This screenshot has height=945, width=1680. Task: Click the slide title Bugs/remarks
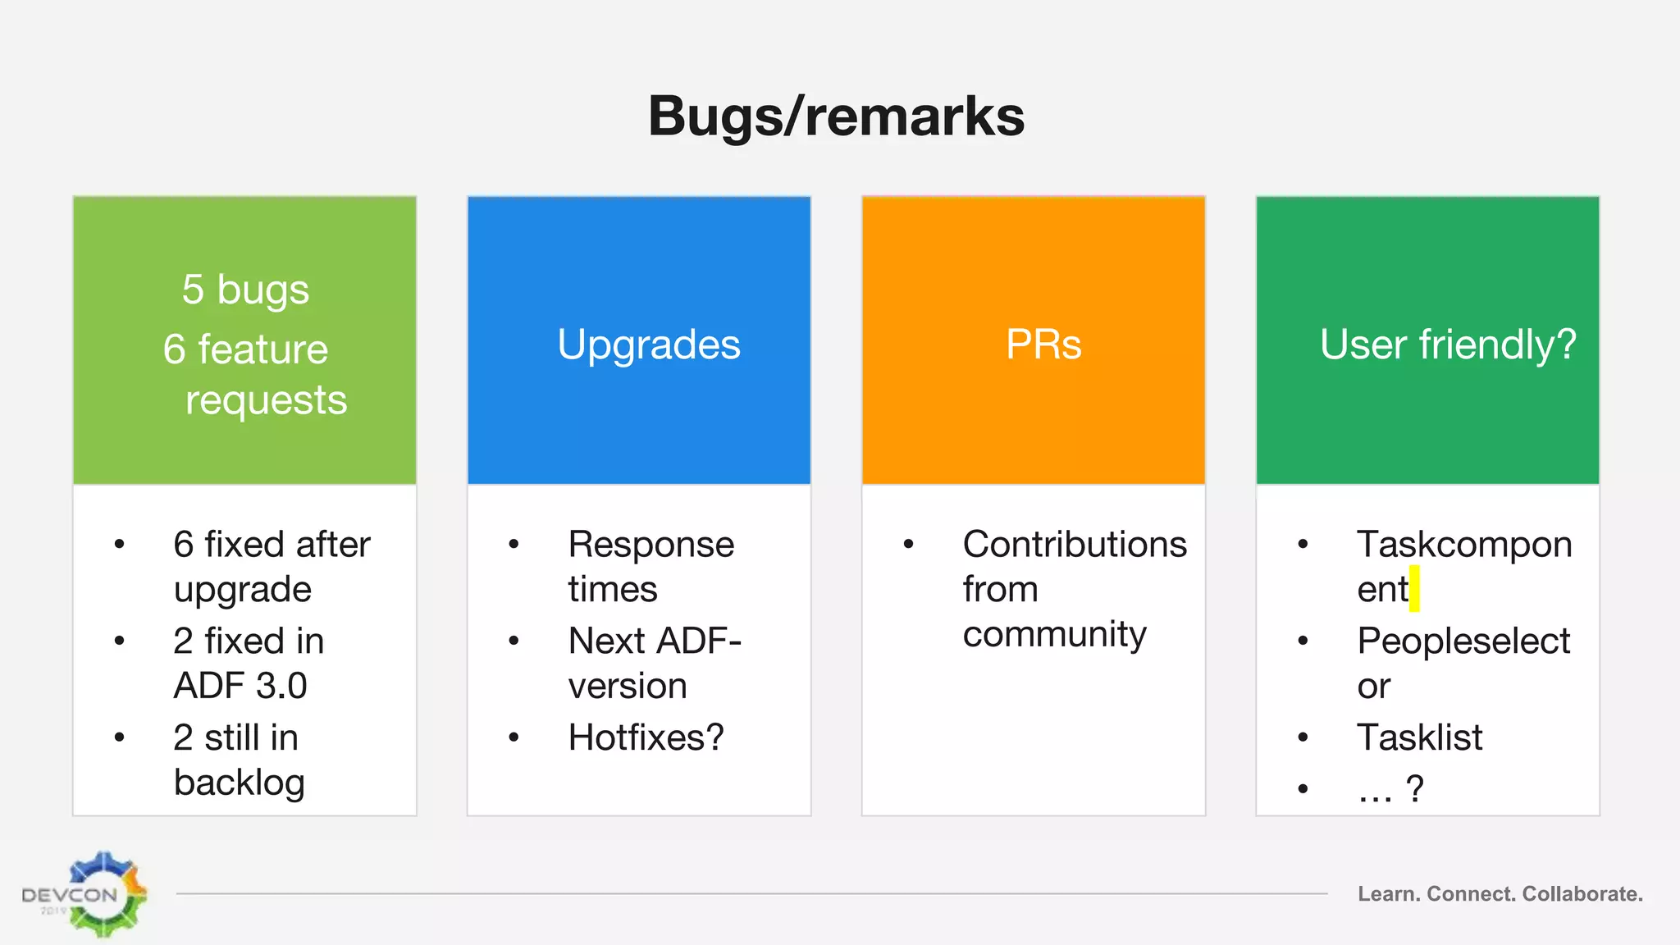[836, 116]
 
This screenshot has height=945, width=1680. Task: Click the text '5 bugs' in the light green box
[245, 290]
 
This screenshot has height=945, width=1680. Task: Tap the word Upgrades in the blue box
[648, 345]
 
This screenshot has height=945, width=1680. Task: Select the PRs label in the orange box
[1043, 345]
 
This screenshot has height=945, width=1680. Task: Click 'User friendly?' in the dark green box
[1447, 345]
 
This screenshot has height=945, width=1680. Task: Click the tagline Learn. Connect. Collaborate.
[1500, 894]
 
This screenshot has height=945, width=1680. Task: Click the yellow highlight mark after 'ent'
[1414, 588]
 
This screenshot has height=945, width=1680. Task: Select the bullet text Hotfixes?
[646, 737]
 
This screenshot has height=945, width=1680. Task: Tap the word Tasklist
[1419, 737]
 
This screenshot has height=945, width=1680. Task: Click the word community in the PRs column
[1054, 635]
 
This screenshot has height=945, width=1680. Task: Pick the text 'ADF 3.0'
[240, 686]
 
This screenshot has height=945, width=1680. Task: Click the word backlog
[239, 783]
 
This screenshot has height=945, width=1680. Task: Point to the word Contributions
[1075, 545]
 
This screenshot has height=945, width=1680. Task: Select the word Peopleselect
[1463, 641]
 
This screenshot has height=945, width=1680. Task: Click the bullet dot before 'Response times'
[514, 544]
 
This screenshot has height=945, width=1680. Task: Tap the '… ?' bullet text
[1390, 789]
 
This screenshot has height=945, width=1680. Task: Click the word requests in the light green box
[266, 400]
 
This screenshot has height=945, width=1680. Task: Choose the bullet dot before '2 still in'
[120, 737]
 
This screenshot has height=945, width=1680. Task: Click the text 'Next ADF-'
[655, 641]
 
